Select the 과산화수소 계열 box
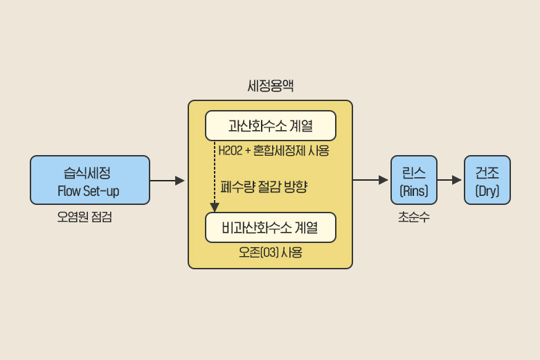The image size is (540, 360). pyautogui.click(x=271, y=126)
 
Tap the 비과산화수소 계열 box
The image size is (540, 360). pyautogui.click(x=271, y=227)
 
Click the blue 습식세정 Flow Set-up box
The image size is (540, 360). pyautogui.click(x=90, y=180)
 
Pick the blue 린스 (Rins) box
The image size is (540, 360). pyautogui.click(x=414, y=180)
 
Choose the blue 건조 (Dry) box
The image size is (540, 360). pyautogui.click(x=487, y=180)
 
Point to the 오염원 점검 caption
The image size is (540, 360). pyautogui.click(x=84, y=217)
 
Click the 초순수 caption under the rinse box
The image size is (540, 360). pyautogui.click(x=413, y=217)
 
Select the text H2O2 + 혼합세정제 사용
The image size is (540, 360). pyautogui.click(x=273, y=151)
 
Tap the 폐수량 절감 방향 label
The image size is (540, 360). pyautogui.click(x=264, y=186)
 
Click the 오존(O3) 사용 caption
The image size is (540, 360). pyautogui.click(x=271, y=253)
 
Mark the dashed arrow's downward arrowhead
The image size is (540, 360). pyautogui.click(x=215, y=207)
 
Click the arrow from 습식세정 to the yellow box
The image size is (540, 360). pyautogui.click(x=168, y=181)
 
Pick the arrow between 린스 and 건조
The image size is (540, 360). pyautogui.click(x=450, y=181)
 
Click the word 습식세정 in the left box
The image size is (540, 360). pyautogui.click(x=89, y=171)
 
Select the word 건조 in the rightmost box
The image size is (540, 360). pyautogui.click(x=487, y=170)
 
